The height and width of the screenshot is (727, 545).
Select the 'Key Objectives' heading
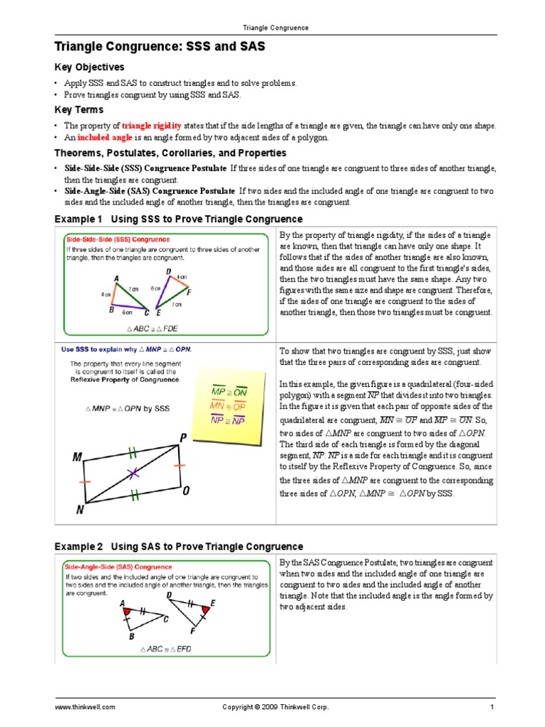pyautogui.click(x=89, y=67)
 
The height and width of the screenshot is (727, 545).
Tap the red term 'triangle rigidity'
pyautogui.click(x=151, y=126)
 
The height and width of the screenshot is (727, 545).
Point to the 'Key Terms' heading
pyautogui.click(x=79, y=110)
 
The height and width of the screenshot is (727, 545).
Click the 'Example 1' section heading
pyautogui.click(x=179, y=219)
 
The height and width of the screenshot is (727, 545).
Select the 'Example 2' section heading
pyautogui.click(x=179, y=547)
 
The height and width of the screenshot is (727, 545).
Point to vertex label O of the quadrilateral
pyautogui.click(x=186, y=491)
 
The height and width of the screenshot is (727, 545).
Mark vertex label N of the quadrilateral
pyautogui.click(x=80, y=509)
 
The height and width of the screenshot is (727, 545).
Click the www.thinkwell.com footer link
pyautogui.click(x=85, y=708)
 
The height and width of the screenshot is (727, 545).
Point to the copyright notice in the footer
pyautogui.click(x=275, y=708)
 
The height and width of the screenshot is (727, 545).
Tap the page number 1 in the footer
pyautogui.click(x=491, y=708)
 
